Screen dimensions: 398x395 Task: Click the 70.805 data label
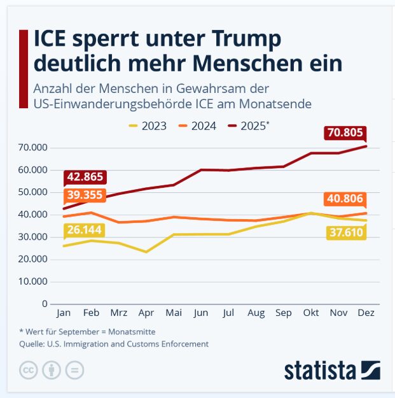click(x=345, y=133)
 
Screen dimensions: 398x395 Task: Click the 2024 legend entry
click(x=197, y=126)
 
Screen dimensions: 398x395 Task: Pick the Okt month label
click(x=310, y=313)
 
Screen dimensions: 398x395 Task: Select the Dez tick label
click(x=366, y=313)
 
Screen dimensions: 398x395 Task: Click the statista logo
click(x=332, y=370)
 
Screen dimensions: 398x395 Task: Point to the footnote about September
click(x=87, y=331)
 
